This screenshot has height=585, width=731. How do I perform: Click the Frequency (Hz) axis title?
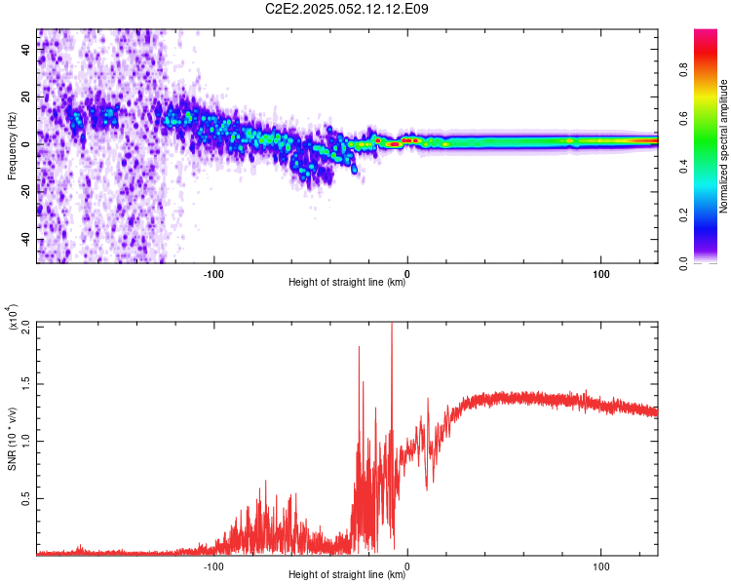[x=12, y=145]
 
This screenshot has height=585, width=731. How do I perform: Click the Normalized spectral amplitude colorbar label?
[x=723, y=146]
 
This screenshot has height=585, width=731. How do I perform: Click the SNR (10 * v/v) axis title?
[x=12, y=439]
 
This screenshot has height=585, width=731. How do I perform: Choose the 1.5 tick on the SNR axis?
[x=26, y=383]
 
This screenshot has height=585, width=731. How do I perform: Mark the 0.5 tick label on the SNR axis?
[x=26, y=497]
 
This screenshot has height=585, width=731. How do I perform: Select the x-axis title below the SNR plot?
[x=347, y=575]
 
